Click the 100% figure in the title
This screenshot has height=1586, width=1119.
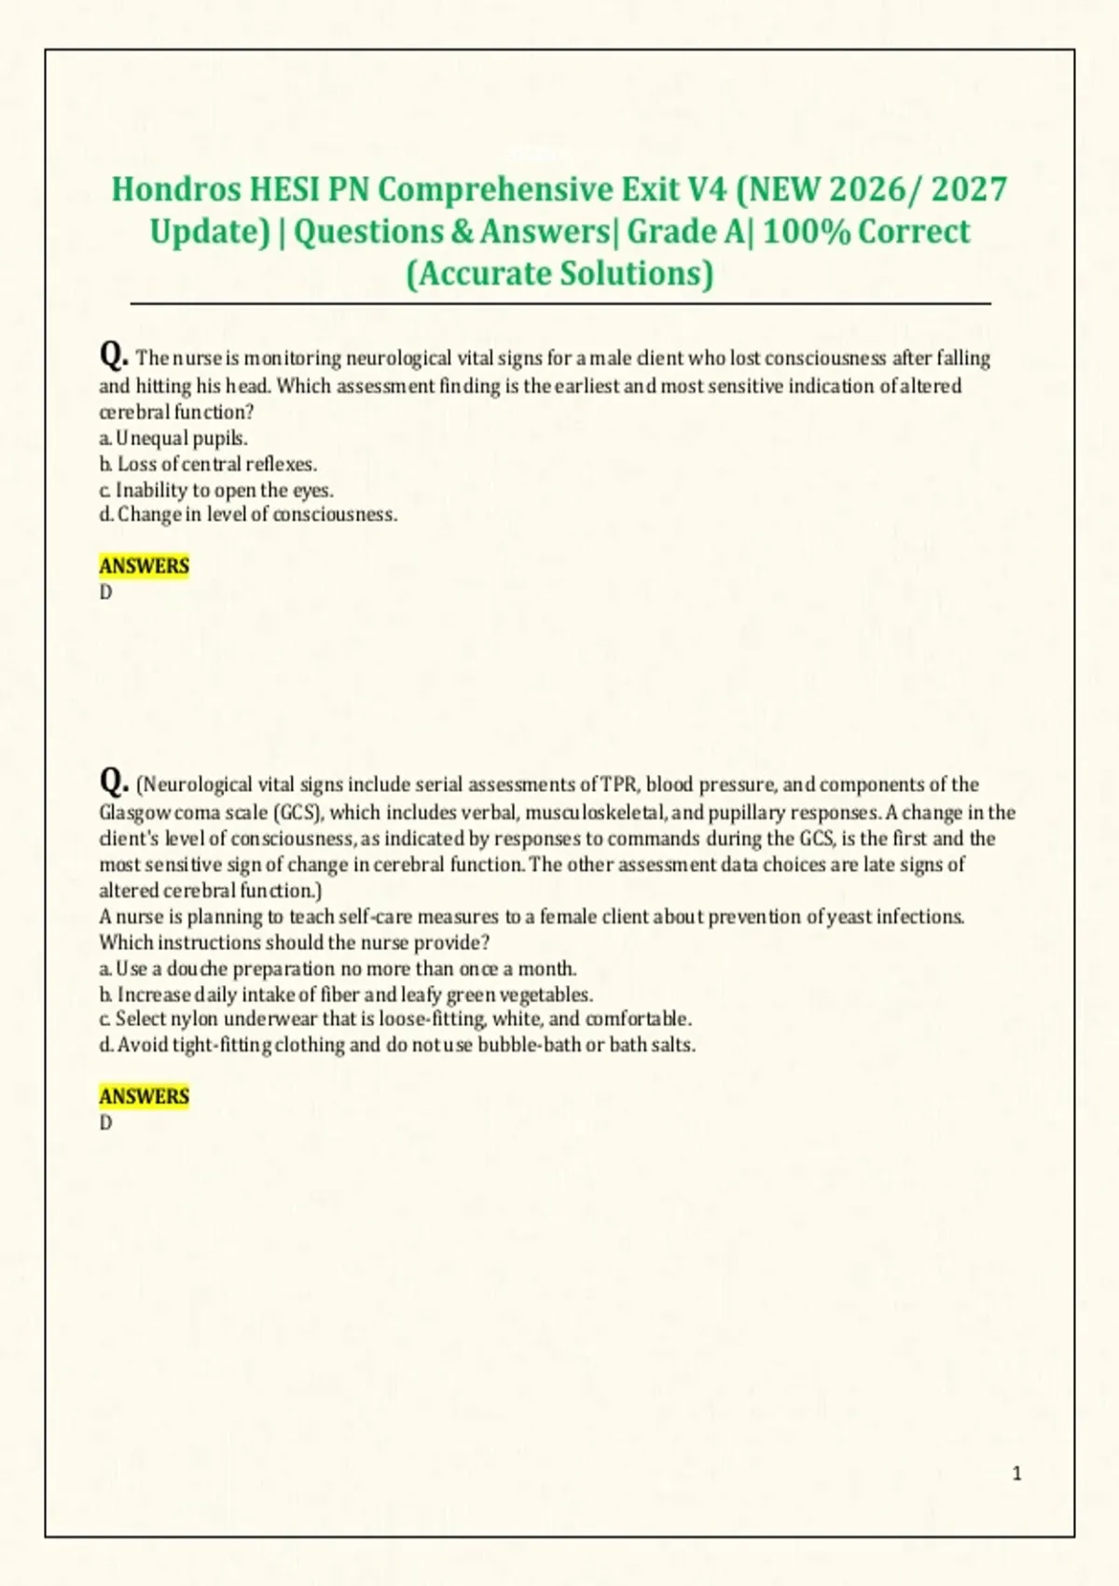pyautogui.click(x=806, y=231)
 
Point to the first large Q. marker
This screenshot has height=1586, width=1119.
pyautogui.click(x=114, y=355)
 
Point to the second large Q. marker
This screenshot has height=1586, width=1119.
pyautogui.click(x=114, y=780)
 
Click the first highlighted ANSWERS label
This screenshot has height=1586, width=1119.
pyautogui.click(x=145, y=566)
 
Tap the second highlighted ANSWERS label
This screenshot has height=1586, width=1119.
pyautogui.click(x=145, y=1096)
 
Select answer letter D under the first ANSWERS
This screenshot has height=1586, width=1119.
pyautogui.click(x=105, y=592)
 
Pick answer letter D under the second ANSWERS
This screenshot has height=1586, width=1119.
pyautogui.click(x=105, y=1123)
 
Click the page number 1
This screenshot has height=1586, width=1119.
pyautogui.click(x=1016, y=1474)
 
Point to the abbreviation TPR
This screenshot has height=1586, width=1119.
pyautogui.click(x=618, y=785)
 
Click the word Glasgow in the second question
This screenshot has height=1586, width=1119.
pyautogui.click(x=135, y=813)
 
